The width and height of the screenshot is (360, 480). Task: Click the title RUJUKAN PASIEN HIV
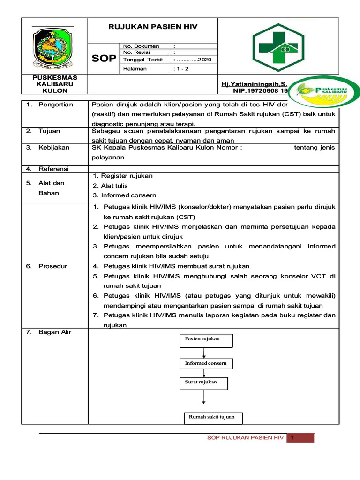[153, 27]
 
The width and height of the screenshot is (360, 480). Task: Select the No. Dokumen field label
[141, 46]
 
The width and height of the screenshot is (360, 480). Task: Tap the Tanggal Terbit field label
[143, 60]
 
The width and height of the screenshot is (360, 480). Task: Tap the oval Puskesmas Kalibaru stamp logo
[323, 92]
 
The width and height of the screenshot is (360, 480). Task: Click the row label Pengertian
[56, 105]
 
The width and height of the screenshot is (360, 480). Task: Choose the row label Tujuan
[49, 131]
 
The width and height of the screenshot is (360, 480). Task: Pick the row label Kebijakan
[54, 148]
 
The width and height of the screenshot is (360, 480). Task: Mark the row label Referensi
[53, 169]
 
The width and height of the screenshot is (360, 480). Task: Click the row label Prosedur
[52, 266]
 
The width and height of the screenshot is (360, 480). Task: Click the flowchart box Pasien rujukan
[206, 339]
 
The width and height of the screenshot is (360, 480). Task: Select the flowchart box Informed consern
[206, 363]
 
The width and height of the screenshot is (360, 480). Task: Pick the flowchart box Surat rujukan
[204, 383]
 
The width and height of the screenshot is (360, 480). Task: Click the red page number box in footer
[300, 438]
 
